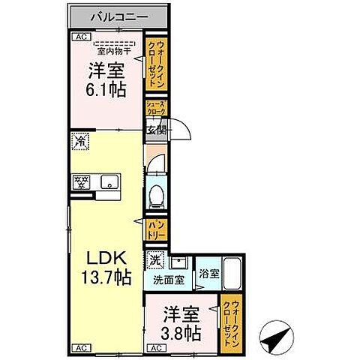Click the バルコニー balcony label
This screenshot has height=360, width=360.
coord(119,16)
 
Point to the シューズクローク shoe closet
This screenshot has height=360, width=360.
coord(156,107)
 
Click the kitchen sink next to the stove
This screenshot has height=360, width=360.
coord(109,181)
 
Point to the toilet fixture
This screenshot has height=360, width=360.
coord(156,195)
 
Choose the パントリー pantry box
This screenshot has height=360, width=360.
coord(156,227)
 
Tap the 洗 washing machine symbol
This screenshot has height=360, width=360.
coord(154,261)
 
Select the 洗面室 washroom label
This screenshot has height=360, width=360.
coord(168,281)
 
